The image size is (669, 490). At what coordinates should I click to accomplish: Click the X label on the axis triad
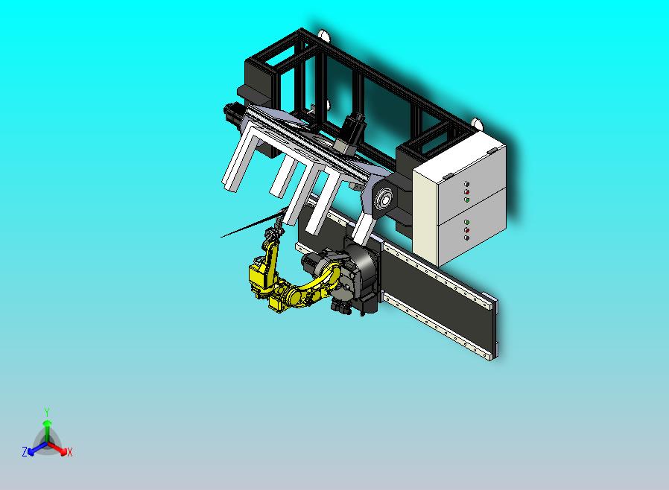pos(69,452)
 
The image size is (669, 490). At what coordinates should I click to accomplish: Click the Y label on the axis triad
pos(47,412)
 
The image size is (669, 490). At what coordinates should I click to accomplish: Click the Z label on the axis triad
pos(25,451)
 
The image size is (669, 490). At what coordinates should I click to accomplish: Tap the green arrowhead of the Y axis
pos(47,423)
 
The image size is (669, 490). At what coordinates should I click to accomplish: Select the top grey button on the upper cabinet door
pos(467,184)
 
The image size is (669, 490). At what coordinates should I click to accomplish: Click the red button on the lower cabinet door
pos(467,230)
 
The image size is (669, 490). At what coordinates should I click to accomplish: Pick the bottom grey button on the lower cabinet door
pos(467,238)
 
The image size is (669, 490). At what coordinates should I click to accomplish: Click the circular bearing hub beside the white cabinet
pos(384,199)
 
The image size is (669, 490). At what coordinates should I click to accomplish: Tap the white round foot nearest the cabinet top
pos(477,124)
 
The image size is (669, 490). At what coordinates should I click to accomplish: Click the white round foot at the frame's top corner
pos(323,35)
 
